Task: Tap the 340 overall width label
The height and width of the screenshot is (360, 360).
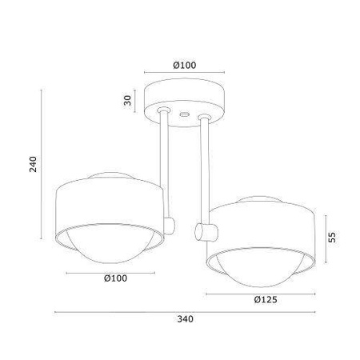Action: click(185, 319)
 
